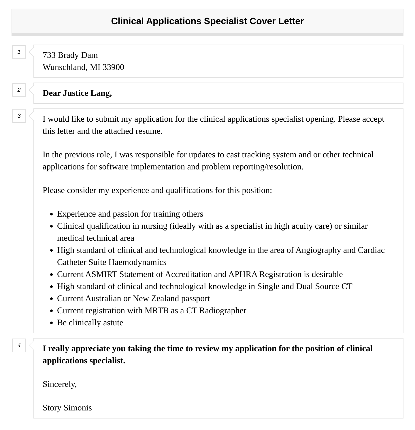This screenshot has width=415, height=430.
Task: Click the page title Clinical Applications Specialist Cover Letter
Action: tap(207, 21)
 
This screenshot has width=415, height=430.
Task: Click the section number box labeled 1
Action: tap(19, 52)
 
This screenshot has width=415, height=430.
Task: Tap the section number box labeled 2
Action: tap(19, 90)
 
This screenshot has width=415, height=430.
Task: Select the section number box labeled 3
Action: tap(19, 116)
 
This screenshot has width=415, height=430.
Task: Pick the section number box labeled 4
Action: tap(19, 345)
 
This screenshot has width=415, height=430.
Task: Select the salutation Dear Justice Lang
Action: tap(77, 93)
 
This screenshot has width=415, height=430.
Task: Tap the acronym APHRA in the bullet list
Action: tap(243, 274)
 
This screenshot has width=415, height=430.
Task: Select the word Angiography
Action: tap(318, 250)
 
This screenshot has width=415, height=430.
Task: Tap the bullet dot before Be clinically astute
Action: tap(52, 323)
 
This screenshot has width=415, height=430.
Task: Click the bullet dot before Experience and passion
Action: tap(52, 214)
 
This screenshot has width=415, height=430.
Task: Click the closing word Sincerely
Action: tap(59, 384)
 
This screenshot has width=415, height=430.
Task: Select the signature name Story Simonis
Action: tap(67, 408)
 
